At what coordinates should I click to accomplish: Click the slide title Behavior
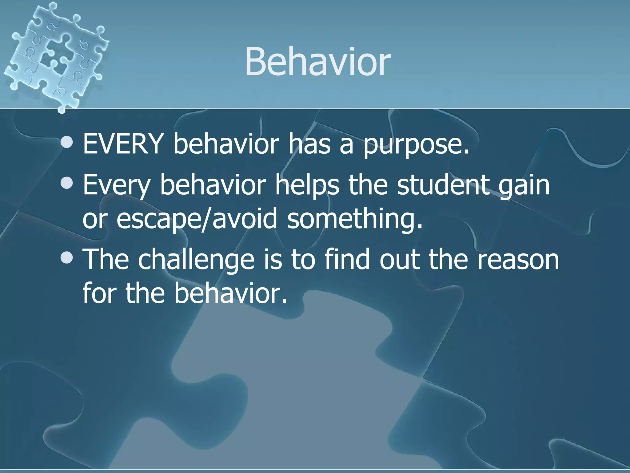pyautogui.click(x=317, y=62)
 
